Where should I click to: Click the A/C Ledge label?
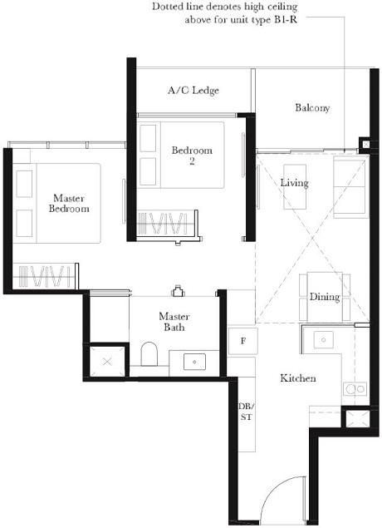[x=193, y=90]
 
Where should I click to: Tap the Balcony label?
[x=312, y=108]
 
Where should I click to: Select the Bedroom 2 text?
[x=192, y=155]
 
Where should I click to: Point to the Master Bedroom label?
[x=70, y=204]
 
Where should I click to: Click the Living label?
[x=294, y=182]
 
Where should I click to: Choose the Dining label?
[x=325, y=297]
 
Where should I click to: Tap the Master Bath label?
[x=174, y=322]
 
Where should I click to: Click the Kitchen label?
[x=297, y=378]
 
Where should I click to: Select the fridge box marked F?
[x=242, y=341]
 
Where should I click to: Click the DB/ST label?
[x=245, y=411]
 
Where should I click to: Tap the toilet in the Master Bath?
[x=149, y=356]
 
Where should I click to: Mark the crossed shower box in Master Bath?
[x=108, y=362]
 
